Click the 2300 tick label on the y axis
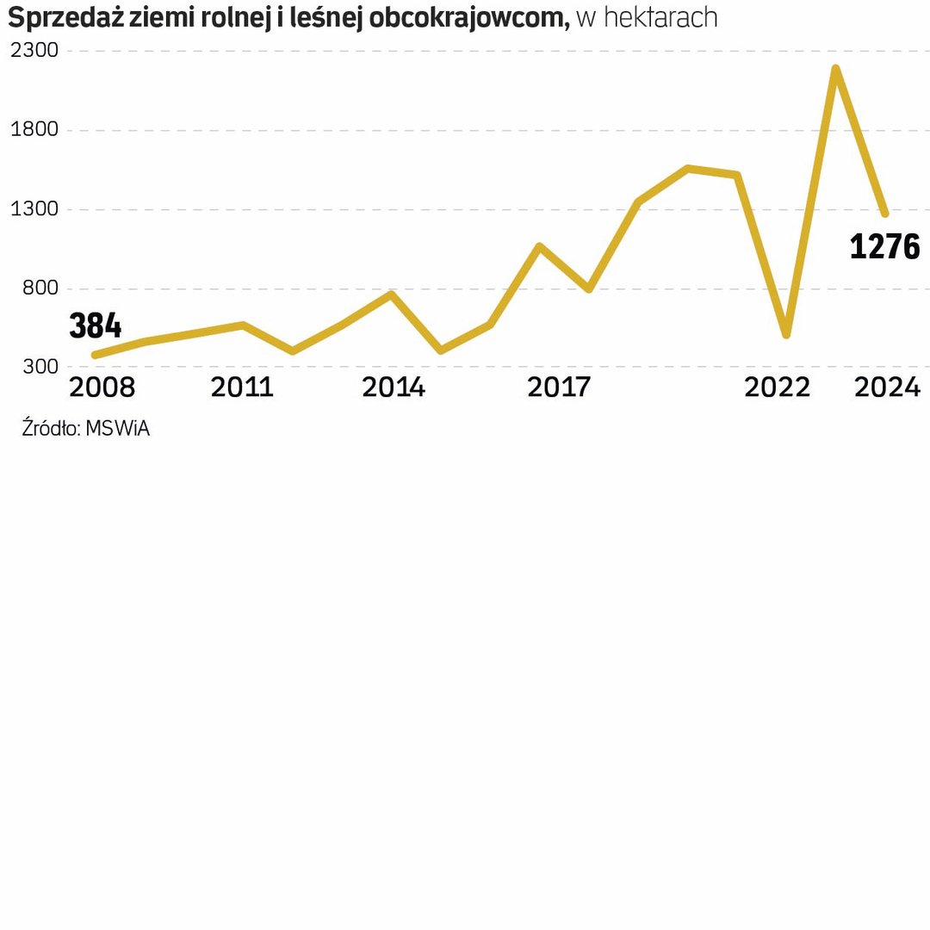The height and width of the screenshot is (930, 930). click(34, 51)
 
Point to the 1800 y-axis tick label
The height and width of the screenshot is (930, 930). click(34, 130)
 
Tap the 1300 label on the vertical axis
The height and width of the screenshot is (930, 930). click(34, 209)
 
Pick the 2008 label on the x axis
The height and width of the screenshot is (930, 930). click(102, 388)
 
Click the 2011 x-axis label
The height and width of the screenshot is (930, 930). click(242, 388)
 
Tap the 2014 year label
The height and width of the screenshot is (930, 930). click(394, 388)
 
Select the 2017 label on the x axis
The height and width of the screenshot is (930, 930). click(559, 388)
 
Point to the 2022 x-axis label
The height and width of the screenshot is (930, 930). click(778, 388)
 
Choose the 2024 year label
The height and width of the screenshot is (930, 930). click(887, 388)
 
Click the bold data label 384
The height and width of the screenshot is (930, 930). click(95, 327)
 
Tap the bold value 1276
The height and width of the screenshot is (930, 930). click(884, 247)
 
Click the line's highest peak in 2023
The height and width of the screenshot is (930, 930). click(835, 69)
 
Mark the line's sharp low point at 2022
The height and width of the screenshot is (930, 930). click(786, 334)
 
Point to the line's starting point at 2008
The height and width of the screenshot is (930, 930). click(95, 355)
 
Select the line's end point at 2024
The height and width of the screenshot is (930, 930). click(884, 213)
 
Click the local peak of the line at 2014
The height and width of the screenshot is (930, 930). click(392, 294)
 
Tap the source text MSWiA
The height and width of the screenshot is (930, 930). click(117, 428)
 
